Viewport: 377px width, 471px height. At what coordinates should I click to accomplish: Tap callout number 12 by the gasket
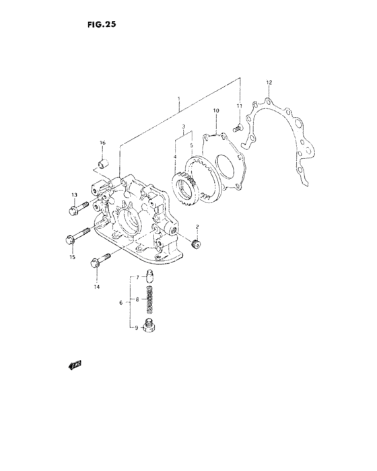coord(269,83)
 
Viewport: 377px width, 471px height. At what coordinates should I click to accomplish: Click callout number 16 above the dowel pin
coord(102,143)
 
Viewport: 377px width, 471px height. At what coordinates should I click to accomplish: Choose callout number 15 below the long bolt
coord(72,254)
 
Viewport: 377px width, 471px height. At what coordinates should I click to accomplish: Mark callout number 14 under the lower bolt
coord(96,287)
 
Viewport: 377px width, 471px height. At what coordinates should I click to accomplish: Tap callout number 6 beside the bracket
coord(121,303)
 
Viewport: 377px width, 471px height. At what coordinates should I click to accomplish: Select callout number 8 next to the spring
coord(137,299)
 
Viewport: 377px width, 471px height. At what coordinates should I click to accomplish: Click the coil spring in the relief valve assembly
coord(151,301)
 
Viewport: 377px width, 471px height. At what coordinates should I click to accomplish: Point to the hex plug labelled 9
coord(151,328)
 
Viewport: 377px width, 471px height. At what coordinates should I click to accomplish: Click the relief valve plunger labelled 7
coord(151,278)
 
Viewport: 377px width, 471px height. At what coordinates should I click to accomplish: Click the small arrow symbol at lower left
coord(74,365)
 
